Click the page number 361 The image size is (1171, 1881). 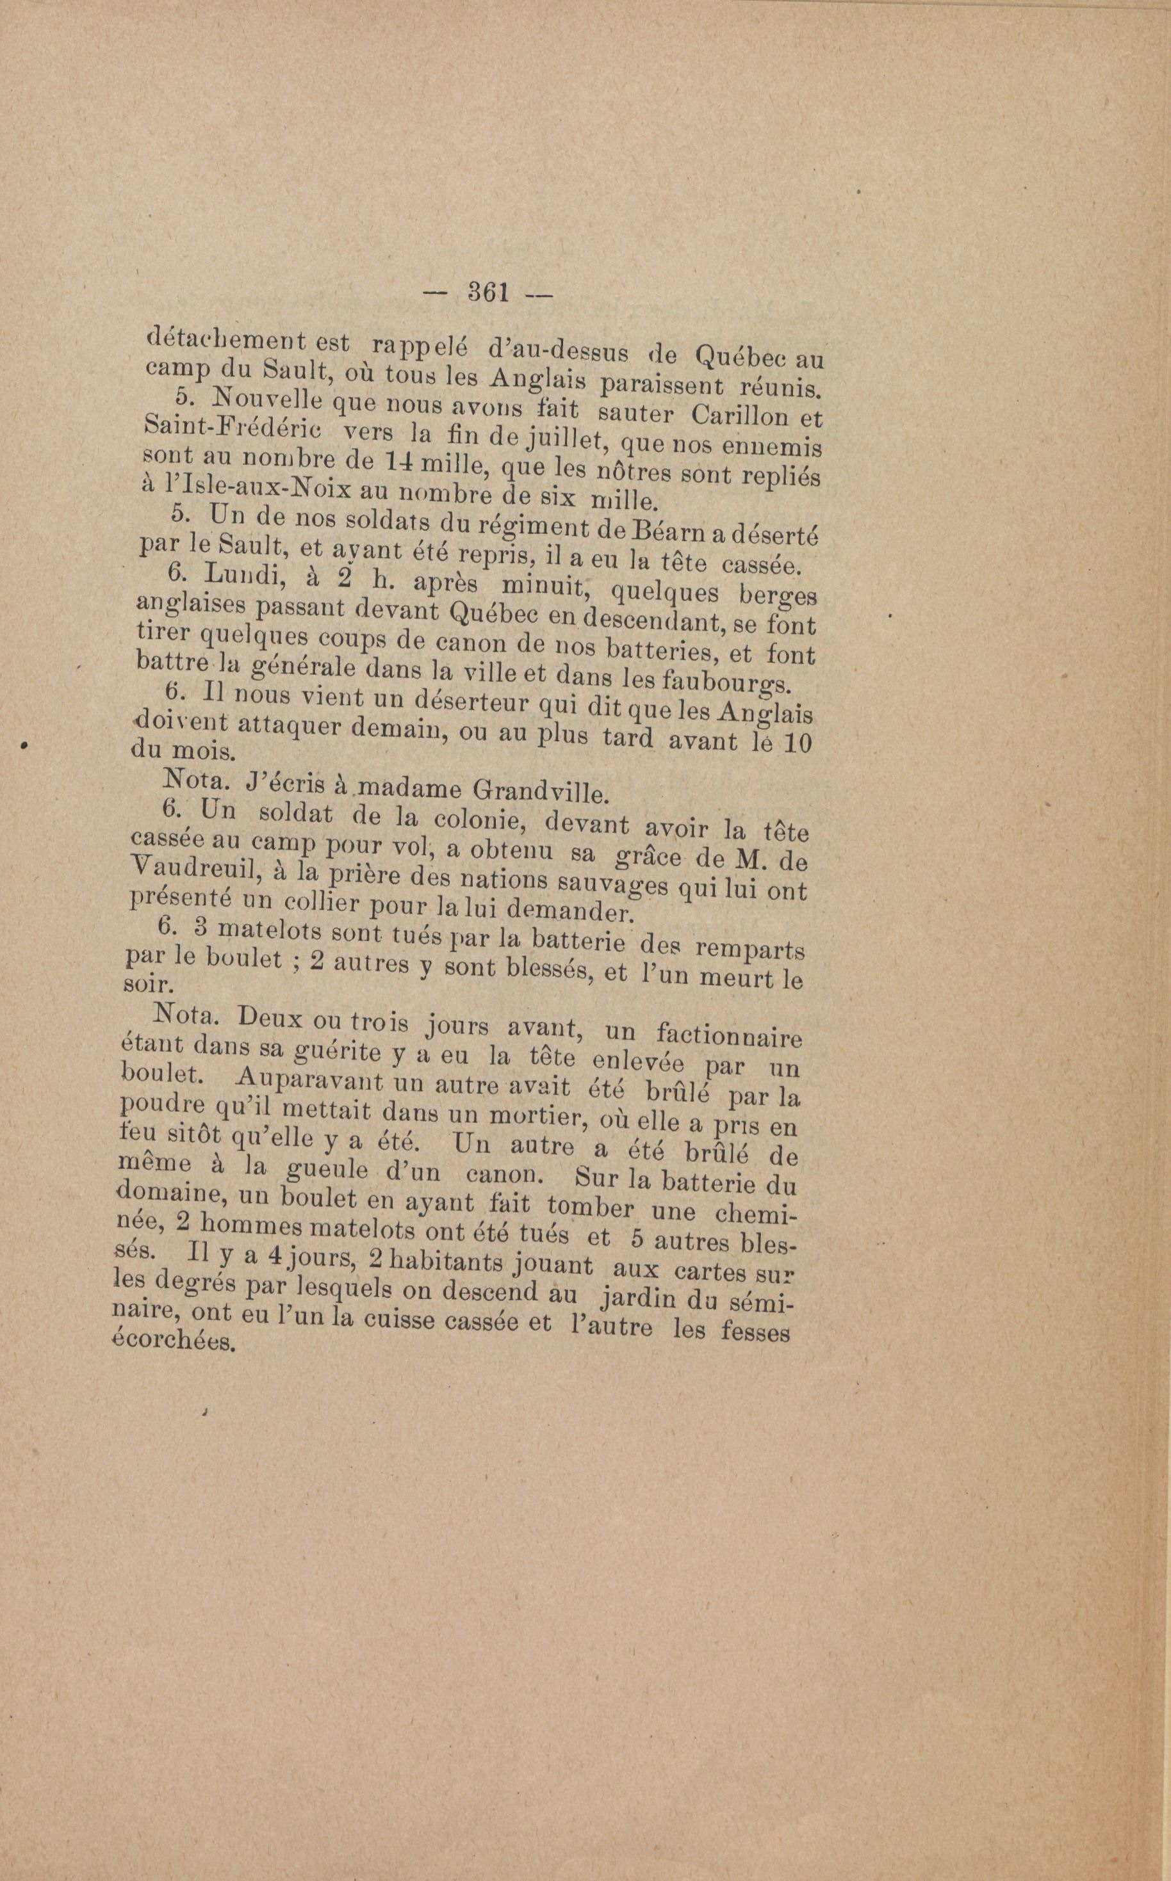[487, 292]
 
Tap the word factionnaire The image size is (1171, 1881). [728, 1035]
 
